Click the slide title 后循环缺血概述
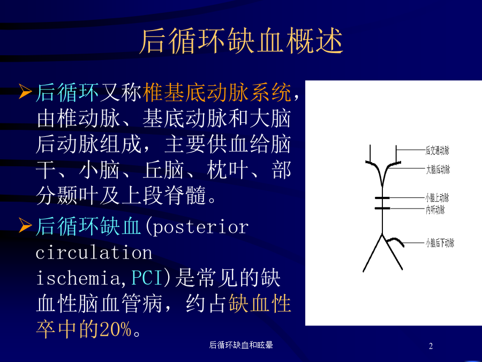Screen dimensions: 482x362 click(242, 41)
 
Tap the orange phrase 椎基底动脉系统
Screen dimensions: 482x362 click(217, 92)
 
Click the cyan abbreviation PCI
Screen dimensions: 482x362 click(147, 278)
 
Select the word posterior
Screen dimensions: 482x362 click(201, 228)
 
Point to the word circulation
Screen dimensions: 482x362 click(94, 253)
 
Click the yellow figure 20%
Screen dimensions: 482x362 click(116, 329)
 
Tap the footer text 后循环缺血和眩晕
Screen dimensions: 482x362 click(241, 345)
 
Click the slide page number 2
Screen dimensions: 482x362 click(431, 346)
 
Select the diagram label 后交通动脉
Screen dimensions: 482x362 click(437, 151)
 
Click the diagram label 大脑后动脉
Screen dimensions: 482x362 click(438, 169)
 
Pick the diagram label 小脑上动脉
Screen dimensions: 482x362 click(437, 197)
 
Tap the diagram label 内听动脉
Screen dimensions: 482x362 click(435, 210)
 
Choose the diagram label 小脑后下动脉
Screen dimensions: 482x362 click(440, 243)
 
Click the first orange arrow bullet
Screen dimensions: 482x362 click(25, 92)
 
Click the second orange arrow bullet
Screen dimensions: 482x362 click(25, 225)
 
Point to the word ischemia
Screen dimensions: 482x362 click(78, 278)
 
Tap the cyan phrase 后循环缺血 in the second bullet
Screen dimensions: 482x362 click(88, 226)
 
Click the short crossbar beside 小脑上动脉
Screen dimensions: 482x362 click(382, 198)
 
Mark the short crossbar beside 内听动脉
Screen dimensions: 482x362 click(382, 209)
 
